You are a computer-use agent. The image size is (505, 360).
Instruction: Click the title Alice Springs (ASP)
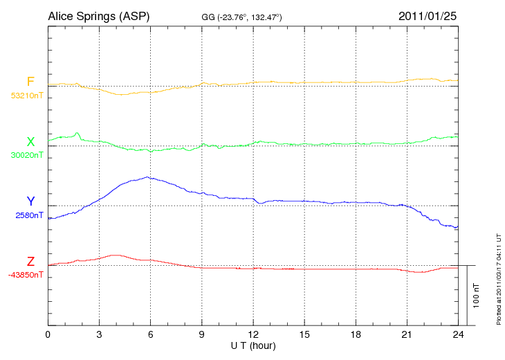tap(98, 16)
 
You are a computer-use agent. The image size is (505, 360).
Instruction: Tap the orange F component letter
tap(30, 82)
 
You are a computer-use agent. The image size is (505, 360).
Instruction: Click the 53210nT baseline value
tap(27, 95)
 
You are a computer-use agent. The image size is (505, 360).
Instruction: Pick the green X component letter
tap(30, 142)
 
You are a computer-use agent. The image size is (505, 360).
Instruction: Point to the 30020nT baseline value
tap(27, 155)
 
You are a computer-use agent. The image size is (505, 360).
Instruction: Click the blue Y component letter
tap(30, 201)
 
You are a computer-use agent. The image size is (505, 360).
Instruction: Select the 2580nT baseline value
tap(29, 215)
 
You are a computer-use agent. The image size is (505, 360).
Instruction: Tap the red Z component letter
tap(30, 262)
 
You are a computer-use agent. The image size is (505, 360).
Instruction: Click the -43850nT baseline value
tap(27, 274)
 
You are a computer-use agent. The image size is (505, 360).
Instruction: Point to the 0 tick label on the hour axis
tap(48, 334)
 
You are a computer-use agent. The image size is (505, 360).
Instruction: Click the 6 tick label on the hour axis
tap(150, 334)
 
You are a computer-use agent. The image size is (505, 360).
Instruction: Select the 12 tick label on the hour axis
tap(253, 334)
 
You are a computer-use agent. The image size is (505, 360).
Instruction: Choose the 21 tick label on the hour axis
tap(407, 334)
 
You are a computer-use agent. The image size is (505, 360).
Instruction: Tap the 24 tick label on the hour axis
tap(458, 334)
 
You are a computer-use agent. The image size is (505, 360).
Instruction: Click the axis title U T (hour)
tap(253, 345)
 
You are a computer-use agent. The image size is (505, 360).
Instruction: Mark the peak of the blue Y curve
tap(147, 177)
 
